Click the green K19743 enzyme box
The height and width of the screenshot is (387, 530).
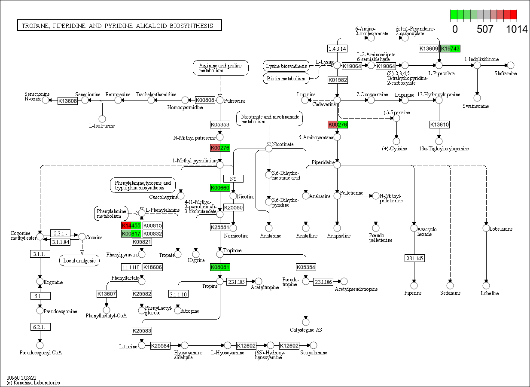tap(450, 49)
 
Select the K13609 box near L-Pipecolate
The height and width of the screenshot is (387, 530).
tap(429, 49)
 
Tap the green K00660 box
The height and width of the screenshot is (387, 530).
tap(220, 188)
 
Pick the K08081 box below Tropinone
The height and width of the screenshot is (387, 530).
tap(220, 267)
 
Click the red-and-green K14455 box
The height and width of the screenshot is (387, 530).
tap(131, 225)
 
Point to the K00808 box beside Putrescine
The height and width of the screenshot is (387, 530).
tap(205, 100)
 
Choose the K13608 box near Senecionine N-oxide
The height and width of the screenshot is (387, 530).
tap(67, 101)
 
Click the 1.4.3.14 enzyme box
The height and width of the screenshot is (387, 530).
tap(337, 48)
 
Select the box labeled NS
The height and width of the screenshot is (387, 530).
tap(233, 178)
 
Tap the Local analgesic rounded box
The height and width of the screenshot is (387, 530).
tap(79, 260)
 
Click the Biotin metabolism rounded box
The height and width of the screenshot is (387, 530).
tap(286, 79)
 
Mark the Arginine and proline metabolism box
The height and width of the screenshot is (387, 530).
tap(220, 68)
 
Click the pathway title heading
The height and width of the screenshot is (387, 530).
tap(119, 26)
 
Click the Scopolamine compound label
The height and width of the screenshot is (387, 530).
tap(314, 353)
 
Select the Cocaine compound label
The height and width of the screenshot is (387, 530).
tap(94, 237)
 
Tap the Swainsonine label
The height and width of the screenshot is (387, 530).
tap(475, 106)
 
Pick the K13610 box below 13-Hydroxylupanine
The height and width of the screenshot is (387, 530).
tap(439, 125)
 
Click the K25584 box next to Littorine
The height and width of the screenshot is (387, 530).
tap(161, 345)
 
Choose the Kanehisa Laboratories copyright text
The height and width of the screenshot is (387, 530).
tap(34, 382)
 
